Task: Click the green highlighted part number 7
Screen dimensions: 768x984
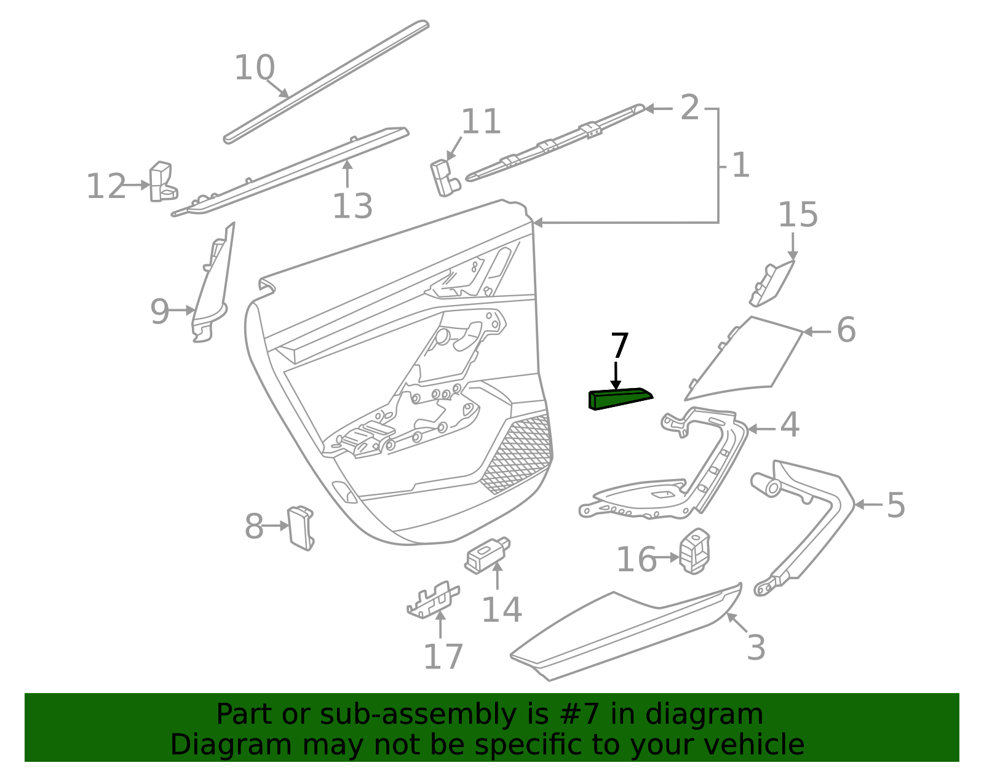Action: coord(618,399)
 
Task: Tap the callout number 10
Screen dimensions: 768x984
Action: coord(254,68)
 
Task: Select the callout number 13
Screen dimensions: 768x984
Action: coord(352,206)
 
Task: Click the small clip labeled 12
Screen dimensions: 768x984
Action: coord(162,182)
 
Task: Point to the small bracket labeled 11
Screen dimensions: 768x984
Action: coord(444,178)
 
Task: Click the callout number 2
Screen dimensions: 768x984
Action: coord(689,108)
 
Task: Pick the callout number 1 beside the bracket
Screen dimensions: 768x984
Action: coord(741,165)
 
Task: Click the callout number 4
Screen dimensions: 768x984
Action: coord(790,425)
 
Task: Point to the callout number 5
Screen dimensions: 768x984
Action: coord(895,505)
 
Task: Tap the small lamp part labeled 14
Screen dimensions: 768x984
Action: coord(486,555)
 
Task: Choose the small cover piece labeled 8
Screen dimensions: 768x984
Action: coord(300,528)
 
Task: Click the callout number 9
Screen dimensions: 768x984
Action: coord(159,312)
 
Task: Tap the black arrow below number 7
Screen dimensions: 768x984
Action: coord(616,376)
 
